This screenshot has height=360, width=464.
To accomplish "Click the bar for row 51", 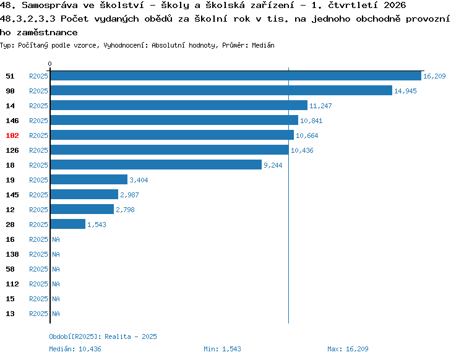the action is click(236, 76).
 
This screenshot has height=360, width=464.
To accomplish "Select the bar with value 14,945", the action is click(221, 90).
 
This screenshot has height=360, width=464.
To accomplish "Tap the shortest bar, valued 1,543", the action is click(68, 224).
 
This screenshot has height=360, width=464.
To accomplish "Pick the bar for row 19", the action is click(89, 179).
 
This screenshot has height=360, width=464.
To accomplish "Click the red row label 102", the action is click(12, 135).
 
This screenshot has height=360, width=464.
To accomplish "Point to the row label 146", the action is click(12, 121).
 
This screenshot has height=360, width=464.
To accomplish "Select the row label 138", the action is click(12, 254).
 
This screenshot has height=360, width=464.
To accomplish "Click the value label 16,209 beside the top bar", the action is click(434, 76).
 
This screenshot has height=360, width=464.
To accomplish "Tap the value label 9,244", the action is click(273, 165).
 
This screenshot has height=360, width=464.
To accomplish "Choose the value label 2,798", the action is click(125, 210).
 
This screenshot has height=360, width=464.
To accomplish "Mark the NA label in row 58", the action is click(56, 269).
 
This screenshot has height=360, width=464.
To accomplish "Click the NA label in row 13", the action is click(56, 314).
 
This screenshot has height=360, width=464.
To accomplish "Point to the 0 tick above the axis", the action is click(49, 64).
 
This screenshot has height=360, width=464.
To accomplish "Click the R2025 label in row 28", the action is click(38, 225).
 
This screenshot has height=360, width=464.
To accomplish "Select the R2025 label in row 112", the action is click(38, 284).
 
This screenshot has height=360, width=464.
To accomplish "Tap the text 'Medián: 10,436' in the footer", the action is click(75, 349).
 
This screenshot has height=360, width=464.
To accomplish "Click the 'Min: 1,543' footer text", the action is click(222, 349).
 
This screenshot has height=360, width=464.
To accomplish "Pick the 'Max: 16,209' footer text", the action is click(348, 349).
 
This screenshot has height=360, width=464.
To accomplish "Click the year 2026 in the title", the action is click(395, 5).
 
